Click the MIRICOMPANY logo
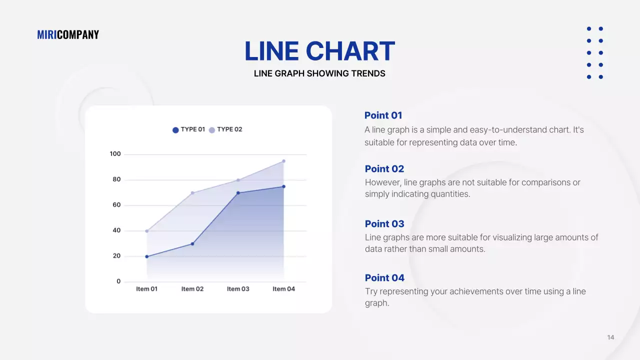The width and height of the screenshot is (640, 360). tap(68, 34)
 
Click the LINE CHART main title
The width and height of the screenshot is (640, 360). tap(319, 51)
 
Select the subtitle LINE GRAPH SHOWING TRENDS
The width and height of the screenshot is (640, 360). tap(319, 73)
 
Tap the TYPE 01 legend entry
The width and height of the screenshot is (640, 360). tap(189, 129)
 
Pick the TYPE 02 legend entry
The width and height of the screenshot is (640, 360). tap(225, 129)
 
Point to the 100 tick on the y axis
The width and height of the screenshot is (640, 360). tap(115, 154)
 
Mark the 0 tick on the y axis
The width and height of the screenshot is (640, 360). tap(118, 281)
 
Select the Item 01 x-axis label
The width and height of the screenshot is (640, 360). tap(147, 289)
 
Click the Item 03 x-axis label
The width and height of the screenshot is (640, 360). tap(238, 289)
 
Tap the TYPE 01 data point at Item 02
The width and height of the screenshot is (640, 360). tap(192, 244)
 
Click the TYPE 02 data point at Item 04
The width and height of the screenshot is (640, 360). tap(283, 161)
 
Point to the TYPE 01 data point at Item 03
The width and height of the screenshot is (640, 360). tap(238, 193)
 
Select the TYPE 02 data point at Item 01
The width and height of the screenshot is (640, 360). tap(147, 231)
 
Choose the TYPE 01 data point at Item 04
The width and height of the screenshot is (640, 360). tap(283, 186)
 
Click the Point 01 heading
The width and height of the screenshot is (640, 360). tap(383, 115)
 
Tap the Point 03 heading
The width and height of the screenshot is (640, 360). tap(384, 224)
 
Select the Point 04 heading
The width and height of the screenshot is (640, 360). tap(384, 278)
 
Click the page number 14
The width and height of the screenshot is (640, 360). tap(610, 337)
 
